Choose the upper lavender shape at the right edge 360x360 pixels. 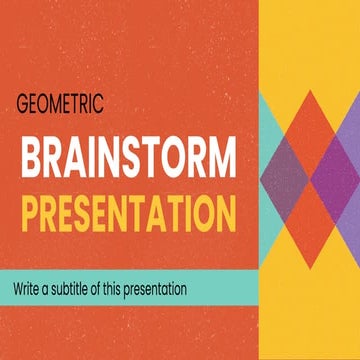pyautogui.click(x=351, y=120)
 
